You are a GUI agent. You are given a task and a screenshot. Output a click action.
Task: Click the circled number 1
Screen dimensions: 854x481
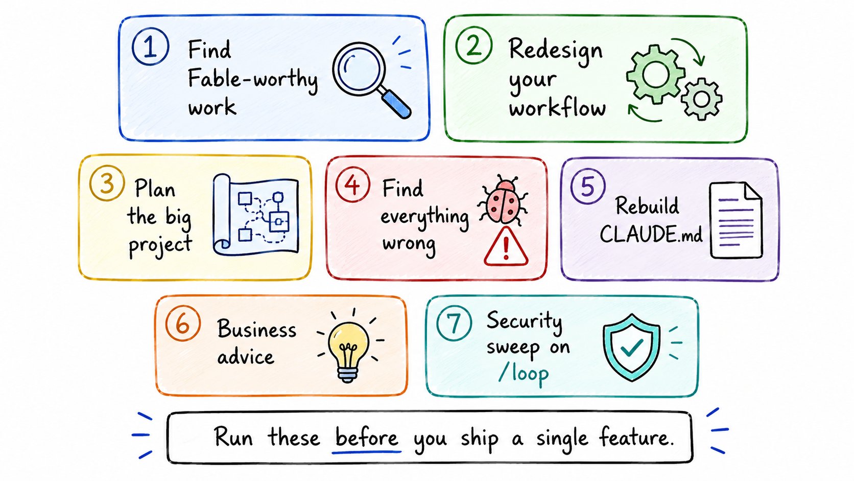(150, 47)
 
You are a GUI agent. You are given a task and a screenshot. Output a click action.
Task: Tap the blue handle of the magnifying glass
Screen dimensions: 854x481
(396, 103)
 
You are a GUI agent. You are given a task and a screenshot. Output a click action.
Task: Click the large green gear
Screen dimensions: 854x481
(655, 75)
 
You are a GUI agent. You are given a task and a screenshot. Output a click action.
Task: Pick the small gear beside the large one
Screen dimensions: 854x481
(701, 99)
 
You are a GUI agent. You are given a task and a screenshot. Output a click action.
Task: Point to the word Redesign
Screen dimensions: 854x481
(556, 52)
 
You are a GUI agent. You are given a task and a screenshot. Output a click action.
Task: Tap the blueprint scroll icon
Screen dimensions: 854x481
(255, 215)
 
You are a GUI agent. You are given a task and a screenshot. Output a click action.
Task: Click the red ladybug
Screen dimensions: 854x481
(503, 201)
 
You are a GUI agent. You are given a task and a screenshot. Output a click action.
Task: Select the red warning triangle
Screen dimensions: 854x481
(506, 247)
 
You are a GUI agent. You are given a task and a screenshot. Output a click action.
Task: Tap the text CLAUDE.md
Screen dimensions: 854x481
(651, 234)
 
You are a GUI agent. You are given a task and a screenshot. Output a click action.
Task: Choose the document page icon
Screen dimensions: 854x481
(736, 220)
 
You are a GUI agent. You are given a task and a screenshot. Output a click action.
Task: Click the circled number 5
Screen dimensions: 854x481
(588, 186)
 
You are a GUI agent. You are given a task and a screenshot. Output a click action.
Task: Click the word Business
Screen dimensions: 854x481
(256, 329)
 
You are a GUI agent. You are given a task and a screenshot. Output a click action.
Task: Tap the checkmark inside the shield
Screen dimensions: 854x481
(632, 347)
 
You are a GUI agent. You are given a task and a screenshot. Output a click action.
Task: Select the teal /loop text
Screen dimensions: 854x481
(524, 374)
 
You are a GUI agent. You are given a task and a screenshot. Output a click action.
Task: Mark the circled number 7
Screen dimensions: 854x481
(454, 324)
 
